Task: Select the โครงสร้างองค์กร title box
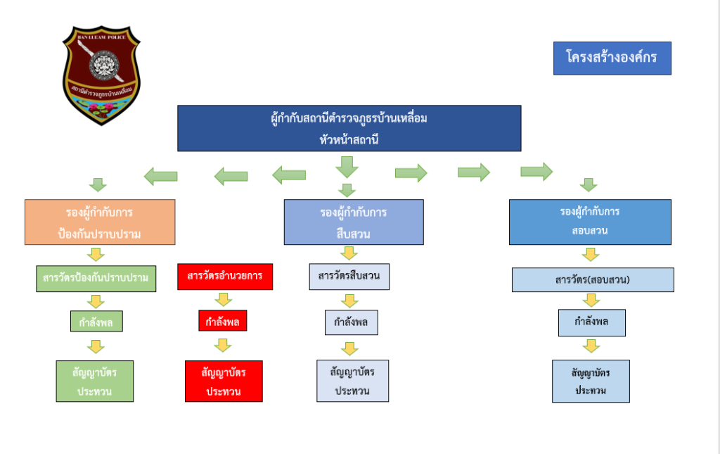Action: tap(611, 58)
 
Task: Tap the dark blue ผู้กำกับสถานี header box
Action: tap(349, 128)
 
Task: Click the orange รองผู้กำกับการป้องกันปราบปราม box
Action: tap(100, 222)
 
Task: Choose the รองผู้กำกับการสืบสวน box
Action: tap(354, 222)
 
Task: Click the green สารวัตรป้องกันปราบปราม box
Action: tap(95, 277)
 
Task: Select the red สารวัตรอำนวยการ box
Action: tap(225, 276)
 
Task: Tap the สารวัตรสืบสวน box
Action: tap(349, 276)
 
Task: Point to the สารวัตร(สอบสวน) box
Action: tap(593, 279)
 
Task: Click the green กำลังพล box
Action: tap(96, 322)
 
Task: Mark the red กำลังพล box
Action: tap(223, 321)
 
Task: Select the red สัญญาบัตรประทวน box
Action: tap(224, 381)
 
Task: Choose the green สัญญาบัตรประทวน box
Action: tap(95, 381)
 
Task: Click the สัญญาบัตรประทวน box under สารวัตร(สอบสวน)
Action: tap(591, 381)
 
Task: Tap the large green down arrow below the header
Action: tap(346, 167)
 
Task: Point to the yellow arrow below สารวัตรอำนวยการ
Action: tap(224, 300)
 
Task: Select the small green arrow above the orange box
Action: tap(98, 185)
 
